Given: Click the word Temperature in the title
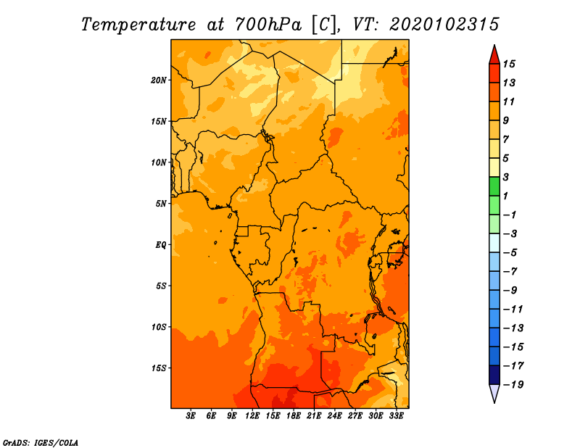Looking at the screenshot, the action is point(138,25).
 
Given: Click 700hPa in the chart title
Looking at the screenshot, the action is point(268,25).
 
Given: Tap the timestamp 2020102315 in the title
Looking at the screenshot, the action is point(444,25).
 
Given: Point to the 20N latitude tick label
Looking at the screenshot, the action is point(159,80).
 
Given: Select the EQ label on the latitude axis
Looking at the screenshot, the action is point(161,245).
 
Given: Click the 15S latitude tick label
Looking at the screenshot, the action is point(159,368).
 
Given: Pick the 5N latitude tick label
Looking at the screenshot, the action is point(161,204).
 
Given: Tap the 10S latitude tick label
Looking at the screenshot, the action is point(159,327).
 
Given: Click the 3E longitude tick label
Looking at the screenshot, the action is point(191,416).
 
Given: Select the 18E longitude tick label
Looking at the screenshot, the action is point(294,416).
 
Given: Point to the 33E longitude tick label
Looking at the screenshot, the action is point(396,416).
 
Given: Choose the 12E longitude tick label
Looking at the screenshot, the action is point(252,416).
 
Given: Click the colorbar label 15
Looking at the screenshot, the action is point(509,64).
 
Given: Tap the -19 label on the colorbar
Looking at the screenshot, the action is point(513,385).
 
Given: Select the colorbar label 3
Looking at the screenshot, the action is point(506,177).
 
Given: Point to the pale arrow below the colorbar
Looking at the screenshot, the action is point(494,394).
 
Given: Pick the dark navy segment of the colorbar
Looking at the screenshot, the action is point(494,375).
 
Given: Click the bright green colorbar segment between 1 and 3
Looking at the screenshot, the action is point(494,186).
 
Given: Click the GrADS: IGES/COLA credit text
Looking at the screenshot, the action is point(41,443).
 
